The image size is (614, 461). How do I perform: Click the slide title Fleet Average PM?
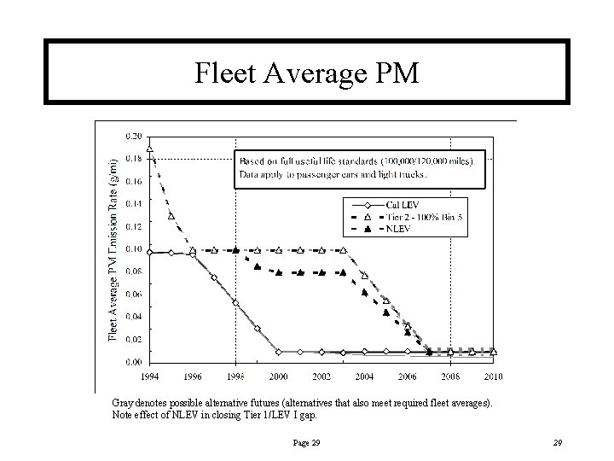pos(307,73)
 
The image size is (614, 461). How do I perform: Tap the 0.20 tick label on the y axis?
pos(134,136)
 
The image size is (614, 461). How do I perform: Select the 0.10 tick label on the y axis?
pos(134,249)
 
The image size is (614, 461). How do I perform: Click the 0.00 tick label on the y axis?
pos(134,362)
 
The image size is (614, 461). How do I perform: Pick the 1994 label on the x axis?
pos(149,376)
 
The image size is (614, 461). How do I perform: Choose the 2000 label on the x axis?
pos(279,376)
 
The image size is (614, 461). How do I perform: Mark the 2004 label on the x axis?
pos(365,376)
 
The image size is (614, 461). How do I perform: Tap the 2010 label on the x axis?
pos(494,376)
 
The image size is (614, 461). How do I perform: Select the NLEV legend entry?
pos(397,230)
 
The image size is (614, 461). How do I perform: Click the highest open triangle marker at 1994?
pos(150,149)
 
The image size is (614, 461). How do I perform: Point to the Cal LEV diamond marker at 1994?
pos(150,252)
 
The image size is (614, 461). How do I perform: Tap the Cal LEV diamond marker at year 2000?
pos(279,351)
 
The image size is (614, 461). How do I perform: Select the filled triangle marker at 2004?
pos(365,293)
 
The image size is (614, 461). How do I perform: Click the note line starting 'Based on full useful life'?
pos(362,160)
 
